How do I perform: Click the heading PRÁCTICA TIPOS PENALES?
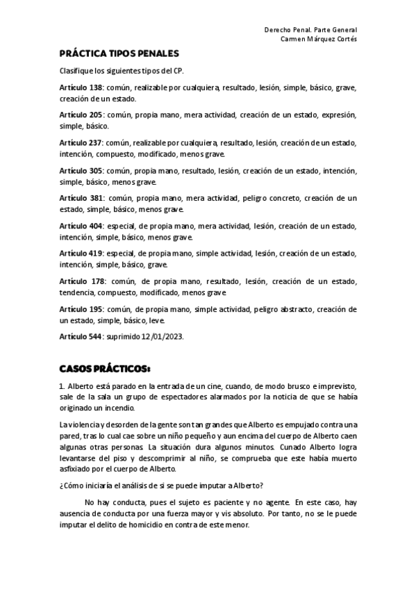(x=119, y=53)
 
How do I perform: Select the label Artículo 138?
(x=81, y=89)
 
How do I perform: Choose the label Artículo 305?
(x=81, y=170)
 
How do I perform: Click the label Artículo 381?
(x=81, y=198)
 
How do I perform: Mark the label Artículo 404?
(x=81, y=226)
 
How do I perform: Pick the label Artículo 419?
(x=81, y=254)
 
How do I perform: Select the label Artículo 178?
(x=81, y=281)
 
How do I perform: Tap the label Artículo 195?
(x=81, y=308)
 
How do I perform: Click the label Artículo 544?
(x=81, y=336)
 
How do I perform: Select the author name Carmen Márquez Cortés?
(x=318, y=39)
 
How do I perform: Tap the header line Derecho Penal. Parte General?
(x=310, y=30)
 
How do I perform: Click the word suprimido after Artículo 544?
(x=124, y=336)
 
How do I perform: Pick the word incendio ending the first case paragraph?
(x=109, y=409)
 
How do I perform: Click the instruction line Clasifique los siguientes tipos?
(x=122, y=71)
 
